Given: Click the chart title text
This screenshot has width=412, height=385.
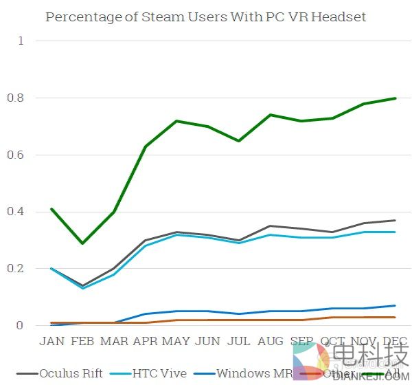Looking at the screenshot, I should pos(206,16).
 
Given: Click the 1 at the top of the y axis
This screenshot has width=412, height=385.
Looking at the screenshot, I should pos(21,41).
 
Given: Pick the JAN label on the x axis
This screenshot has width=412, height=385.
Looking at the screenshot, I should pos(52,342).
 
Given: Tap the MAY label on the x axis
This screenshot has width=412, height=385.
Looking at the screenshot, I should pos(176,342).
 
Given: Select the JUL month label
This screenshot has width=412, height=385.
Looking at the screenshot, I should pos(239,342).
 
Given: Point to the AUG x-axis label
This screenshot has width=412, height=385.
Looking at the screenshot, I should pos(270,342).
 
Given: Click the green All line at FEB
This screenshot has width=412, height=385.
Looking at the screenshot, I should pos(82,243).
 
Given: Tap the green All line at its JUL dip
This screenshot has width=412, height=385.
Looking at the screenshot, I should pos(239,141).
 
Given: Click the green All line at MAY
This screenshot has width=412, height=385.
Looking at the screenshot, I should pos(176,121).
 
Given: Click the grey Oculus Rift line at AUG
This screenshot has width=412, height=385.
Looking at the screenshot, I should pos(270,225).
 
